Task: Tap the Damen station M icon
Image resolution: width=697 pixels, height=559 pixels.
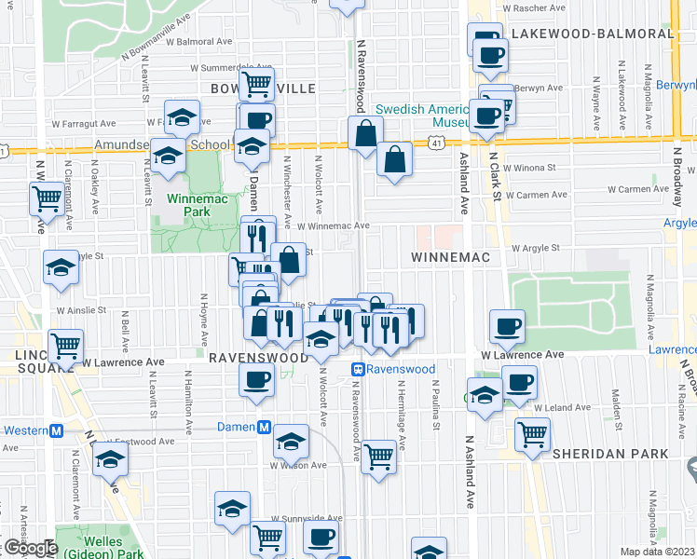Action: click(265, 428)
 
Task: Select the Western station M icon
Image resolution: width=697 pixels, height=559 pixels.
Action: click(55, 430)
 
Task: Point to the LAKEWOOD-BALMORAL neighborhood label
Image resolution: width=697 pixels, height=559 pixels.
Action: click(592, 33)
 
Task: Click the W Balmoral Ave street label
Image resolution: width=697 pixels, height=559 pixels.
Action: click(193, 42)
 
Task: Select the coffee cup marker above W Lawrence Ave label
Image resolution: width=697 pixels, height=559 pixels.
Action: click(507, 326)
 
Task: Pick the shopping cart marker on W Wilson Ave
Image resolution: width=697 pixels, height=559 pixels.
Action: click(378, 456)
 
